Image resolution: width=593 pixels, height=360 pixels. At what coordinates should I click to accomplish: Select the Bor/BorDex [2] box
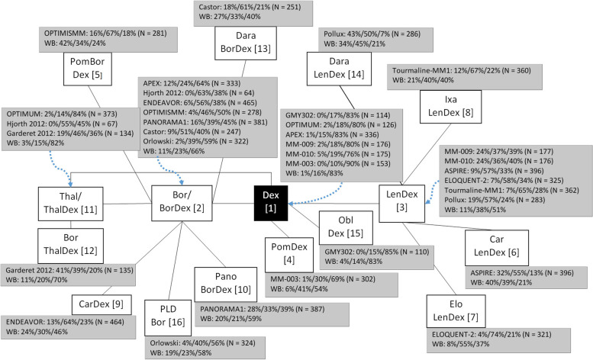(181, 201)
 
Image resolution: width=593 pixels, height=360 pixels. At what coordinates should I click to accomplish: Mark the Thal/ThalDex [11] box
(69, 201)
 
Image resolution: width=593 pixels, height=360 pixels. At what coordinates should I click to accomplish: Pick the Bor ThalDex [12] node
(69, 243)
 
